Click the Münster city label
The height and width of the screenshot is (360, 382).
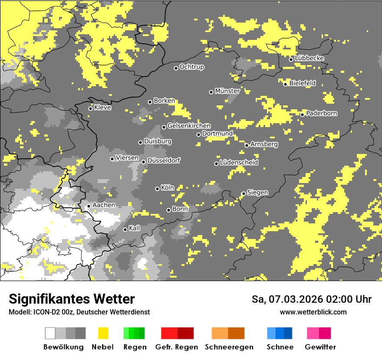(x=227, y=91)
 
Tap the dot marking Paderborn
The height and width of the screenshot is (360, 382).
(x=303, y=115)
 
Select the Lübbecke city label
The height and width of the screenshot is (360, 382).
(x=310, y=58)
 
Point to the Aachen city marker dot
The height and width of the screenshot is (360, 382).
(x=89, y=206)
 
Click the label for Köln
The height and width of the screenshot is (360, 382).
(x=168, y=188)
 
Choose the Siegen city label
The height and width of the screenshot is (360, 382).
(x=257, y=193)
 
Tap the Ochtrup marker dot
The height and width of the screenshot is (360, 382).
(x=176, y=68)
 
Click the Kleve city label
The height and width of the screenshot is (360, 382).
(x=103, y=108)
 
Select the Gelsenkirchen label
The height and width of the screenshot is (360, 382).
(x=189, y=126)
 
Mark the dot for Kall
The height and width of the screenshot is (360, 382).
(x=125, y=229)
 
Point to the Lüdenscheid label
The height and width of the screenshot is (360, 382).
(x=239, y=163)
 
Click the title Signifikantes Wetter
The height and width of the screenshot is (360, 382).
(x=72, y=299)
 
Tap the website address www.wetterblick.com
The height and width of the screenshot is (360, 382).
(x=313, y=312)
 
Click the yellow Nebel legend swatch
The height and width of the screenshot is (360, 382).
(x=103, y=333)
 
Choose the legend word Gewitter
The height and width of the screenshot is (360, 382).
(x=320, y=347)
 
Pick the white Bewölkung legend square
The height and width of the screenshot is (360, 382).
(x=50, y=333)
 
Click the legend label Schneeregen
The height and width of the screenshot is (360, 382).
(x=228, y=347)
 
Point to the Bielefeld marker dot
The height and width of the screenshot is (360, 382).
(x=286, y=84)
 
